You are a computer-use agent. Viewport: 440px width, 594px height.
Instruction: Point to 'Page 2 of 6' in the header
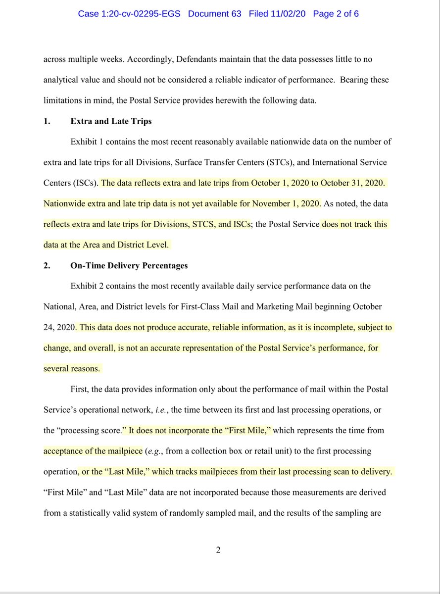point(336,14)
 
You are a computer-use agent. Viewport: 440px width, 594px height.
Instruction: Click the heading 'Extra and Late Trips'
point(111,121)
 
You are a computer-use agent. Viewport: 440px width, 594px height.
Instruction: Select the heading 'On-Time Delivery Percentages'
point(129,266)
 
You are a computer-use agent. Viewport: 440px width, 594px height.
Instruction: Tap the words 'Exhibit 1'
point(87,142)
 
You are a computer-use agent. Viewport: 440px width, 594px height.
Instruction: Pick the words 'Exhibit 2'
point(87,286)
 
